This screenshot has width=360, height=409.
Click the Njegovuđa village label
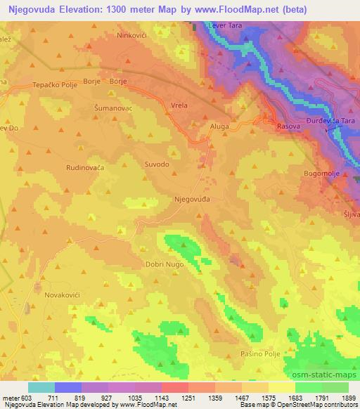(192, 200)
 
